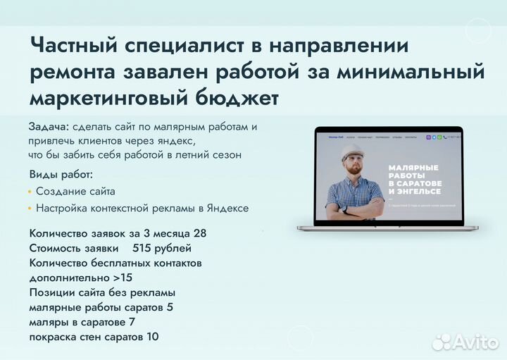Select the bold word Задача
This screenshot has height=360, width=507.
click(x=49, y=126)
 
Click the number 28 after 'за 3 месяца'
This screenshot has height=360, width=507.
click(x=199, y=233)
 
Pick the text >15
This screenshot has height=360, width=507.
click(x=122, y=278)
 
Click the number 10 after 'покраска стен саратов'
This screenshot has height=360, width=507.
click(x=152, y=337)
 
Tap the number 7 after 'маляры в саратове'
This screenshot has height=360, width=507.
click(x=132, y=322)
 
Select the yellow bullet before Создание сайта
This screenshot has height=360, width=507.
click(x=30, y=192)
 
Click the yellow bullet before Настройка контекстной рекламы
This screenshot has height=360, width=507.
click(x=30, y=209)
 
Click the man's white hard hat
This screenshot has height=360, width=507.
click(x=352, y=151)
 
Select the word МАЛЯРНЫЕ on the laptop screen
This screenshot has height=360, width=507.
click(x=413, y=168)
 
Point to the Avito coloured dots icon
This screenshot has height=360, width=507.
click(x=441, y=342)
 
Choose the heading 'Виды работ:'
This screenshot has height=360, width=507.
click(x=61, y=175)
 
